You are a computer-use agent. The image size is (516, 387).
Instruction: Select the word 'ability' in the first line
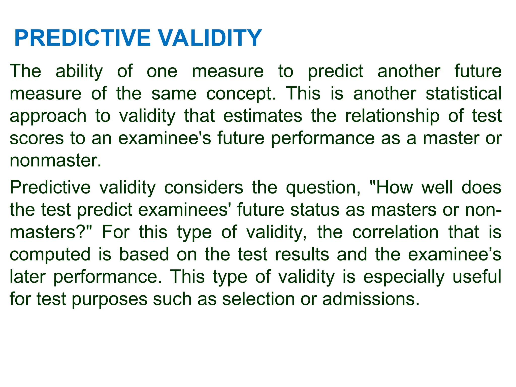coord(79,72)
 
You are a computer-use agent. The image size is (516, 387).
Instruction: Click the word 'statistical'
coord(464,93)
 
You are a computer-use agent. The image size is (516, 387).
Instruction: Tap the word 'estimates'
coord(263,116)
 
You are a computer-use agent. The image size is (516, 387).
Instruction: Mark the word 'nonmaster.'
coord(55,160)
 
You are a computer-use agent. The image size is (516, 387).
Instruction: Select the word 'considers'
coord(204,188)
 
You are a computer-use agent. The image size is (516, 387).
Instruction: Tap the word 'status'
coord(315,210)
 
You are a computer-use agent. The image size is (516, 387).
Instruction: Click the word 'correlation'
coord(395,232)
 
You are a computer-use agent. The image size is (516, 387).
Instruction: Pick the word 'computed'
coord(50,255)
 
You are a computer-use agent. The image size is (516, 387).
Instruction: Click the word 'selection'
coord(258,299)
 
